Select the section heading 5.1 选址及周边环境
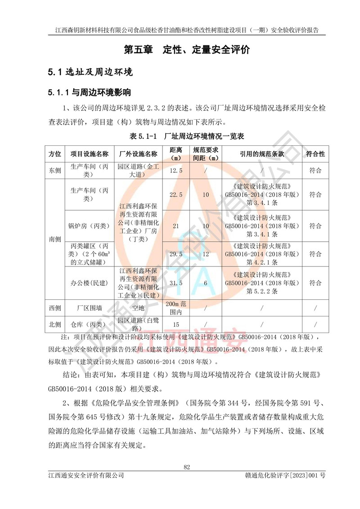tap(90, 72)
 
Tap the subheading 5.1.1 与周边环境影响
tap(90, 93)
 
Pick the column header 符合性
tap(315, 154)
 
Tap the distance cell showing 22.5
tap(175, 194)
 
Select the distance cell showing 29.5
tap(175, 255)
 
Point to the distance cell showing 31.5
tap(175, 283)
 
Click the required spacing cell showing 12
tap(206, 255)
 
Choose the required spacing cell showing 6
tap(206, 283)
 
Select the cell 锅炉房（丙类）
tap(90, 225)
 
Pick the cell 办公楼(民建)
tap(90, 283)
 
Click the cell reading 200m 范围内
tap(175, 308)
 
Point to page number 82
tap(187, 467)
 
